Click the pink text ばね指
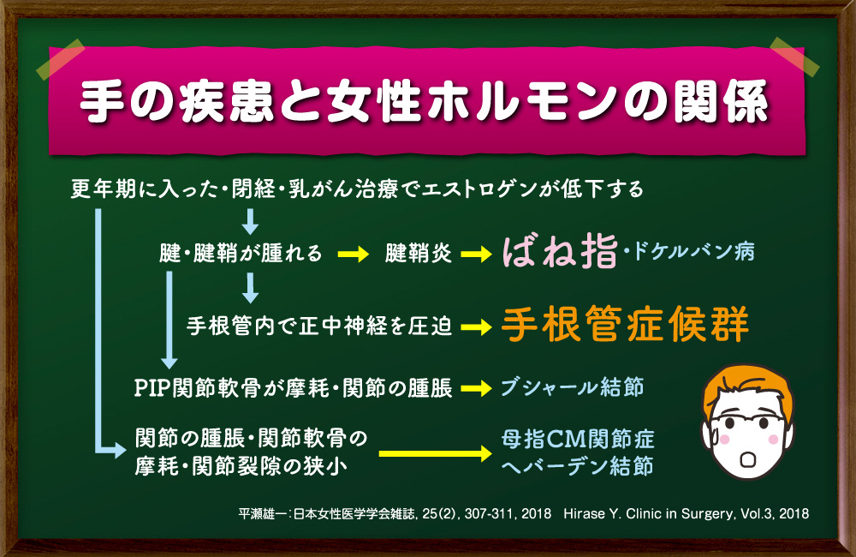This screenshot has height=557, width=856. (x=560, y=252)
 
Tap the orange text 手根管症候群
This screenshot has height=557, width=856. (x=625, y=324)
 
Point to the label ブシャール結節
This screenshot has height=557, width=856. (x=572, y=387)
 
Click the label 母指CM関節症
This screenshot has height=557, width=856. (x=578, y=439)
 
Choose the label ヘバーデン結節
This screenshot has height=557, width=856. (x=577, y=467)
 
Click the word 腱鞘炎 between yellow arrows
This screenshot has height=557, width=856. (x=419, y=253)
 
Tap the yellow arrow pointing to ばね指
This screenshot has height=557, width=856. (x=477, y=255)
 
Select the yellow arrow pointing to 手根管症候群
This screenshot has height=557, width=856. (x=477, y=327)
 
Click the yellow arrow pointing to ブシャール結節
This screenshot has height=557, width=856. (x=477, y=388)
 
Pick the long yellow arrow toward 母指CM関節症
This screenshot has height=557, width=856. (x=436, y=453)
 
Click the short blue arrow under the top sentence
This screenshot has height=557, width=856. (x=250, y=221)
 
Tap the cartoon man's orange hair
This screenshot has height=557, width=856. (x=748, y=386)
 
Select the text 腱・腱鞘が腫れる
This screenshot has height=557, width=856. (x=241, y=253)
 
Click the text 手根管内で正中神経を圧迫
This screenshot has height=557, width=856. (x=319, y=326)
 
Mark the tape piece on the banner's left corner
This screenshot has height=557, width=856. (x=61, y=60)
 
